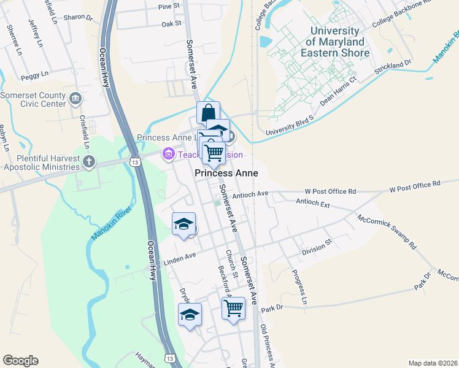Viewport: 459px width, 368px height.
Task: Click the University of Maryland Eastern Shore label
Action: coord(334,42)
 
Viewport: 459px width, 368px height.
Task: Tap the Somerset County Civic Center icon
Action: coord(76,98)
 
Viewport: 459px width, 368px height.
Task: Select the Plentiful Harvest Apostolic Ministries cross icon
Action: coord(90,162)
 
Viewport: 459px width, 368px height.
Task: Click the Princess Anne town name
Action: coord(226,174)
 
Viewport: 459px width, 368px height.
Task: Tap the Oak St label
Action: coord(172,24)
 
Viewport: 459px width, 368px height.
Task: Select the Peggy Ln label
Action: coord(34,74)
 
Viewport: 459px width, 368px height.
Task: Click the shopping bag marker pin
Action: coord(208,113)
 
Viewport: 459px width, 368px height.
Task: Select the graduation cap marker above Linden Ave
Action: coord(183,225)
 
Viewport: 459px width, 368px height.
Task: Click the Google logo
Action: coord(20,361)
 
